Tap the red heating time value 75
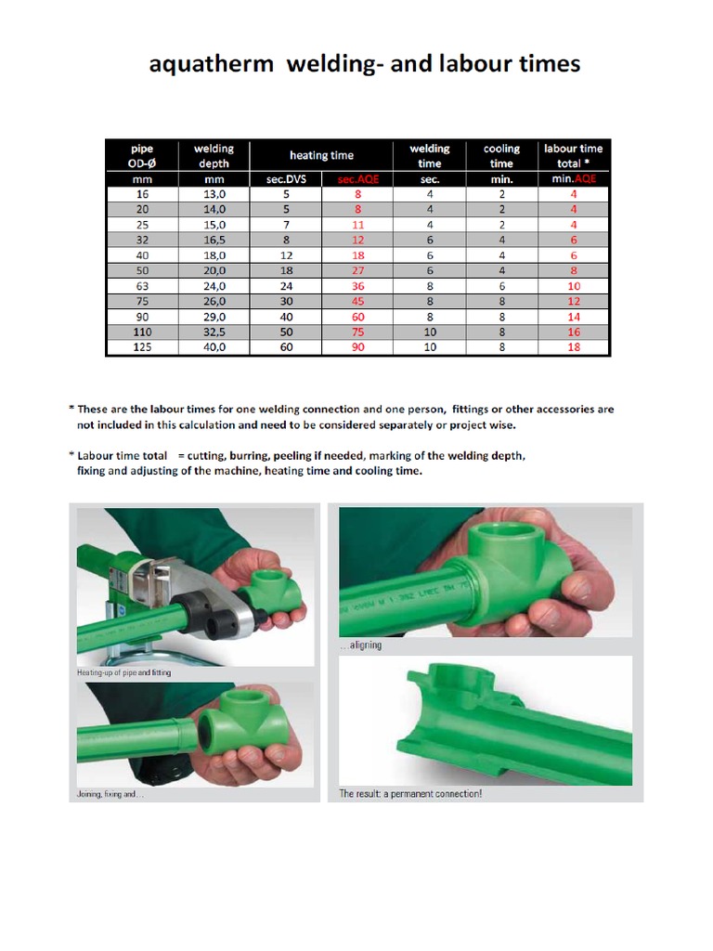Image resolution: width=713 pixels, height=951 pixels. coord(358,332)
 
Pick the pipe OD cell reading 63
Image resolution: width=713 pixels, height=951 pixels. coord(141,286)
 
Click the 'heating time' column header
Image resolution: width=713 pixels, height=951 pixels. coord(321,155)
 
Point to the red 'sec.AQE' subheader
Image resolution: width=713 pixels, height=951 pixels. coord(357,179)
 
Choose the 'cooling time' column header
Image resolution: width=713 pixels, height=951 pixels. coord(501,155)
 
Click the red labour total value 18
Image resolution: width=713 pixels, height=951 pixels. coord(574,346)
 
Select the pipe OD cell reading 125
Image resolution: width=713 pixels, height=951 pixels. coord(141,346)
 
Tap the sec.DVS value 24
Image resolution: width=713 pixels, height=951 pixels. coord(286,286)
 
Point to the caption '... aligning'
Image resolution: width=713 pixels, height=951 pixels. coord(361,645)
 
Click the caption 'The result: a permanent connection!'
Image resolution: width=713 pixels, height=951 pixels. coord(410,794)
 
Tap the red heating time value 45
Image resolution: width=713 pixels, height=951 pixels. coord(358,301)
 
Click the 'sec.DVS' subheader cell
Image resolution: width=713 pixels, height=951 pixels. coord(286,179)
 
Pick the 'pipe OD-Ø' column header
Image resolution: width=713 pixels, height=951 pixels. coord(141,155)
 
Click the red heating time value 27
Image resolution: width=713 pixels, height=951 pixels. coord(358,270)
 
